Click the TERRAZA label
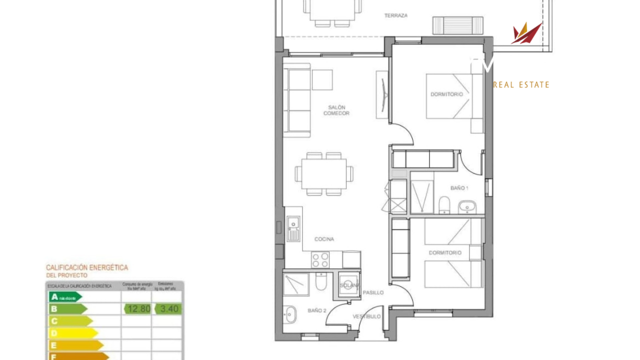click(395, 15)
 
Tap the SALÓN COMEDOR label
click(336, 110)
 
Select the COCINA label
click(324, 239)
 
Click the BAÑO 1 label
click(459, 188)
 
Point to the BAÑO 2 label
click(317, 310)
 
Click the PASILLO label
click(373, 292)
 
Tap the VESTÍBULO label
click(366, 316)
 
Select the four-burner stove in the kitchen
click(320, 259)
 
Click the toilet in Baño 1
click(443, 205)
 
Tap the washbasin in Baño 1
click(467, 205)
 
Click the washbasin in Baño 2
click(290, 314)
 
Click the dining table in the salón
click(324, 173)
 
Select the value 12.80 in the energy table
click(138, 309)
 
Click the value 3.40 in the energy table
click(169, 309)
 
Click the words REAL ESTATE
click(521, 85)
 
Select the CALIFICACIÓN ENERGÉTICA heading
click(87, 267)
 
